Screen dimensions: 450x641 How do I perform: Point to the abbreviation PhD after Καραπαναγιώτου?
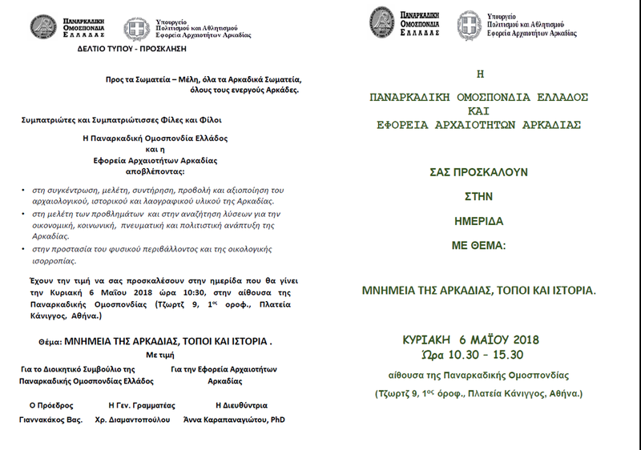click(x=278, y=420)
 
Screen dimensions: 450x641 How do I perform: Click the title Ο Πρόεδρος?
click(x=51, y=405)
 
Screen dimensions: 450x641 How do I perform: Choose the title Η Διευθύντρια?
click(x=236, y=405)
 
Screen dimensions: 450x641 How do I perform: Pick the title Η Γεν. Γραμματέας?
click(x=141, y=405)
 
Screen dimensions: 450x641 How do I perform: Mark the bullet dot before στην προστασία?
click(x=25, y=251)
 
